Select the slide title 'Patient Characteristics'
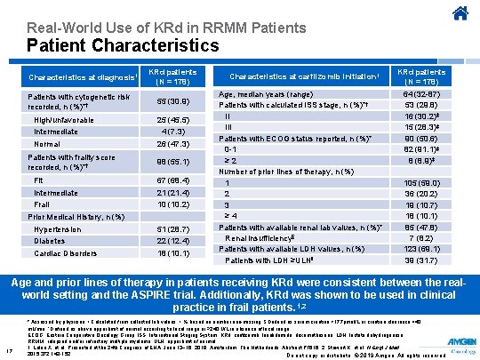tap(123, 43)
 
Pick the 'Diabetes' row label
tap(49, 240)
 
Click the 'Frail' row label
tap(44, 204)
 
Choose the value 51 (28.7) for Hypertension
tap(172, 228)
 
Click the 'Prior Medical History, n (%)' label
tap(75, 216)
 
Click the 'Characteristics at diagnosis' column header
tap(81, 76)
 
